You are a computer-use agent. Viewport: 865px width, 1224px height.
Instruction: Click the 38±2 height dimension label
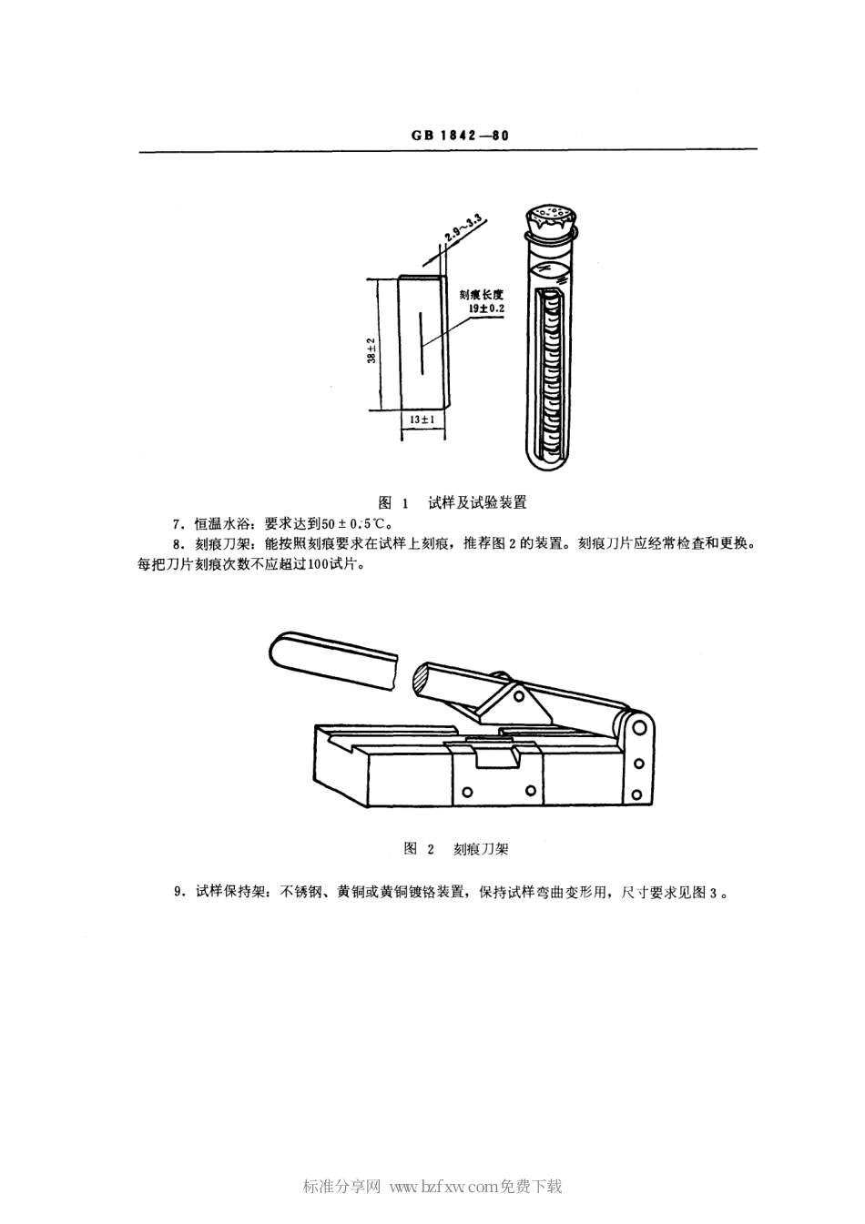[371, 350]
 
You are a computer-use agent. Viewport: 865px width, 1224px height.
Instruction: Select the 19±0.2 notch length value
[486, 309]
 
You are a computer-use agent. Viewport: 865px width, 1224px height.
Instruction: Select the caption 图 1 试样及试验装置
[453, 502]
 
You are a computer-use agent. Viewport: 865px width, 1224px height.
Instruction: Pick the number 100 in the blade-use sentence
[324, 564]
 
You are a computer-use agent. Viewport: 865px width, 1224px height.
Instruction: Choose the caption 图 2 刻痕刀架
[454, 848]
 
